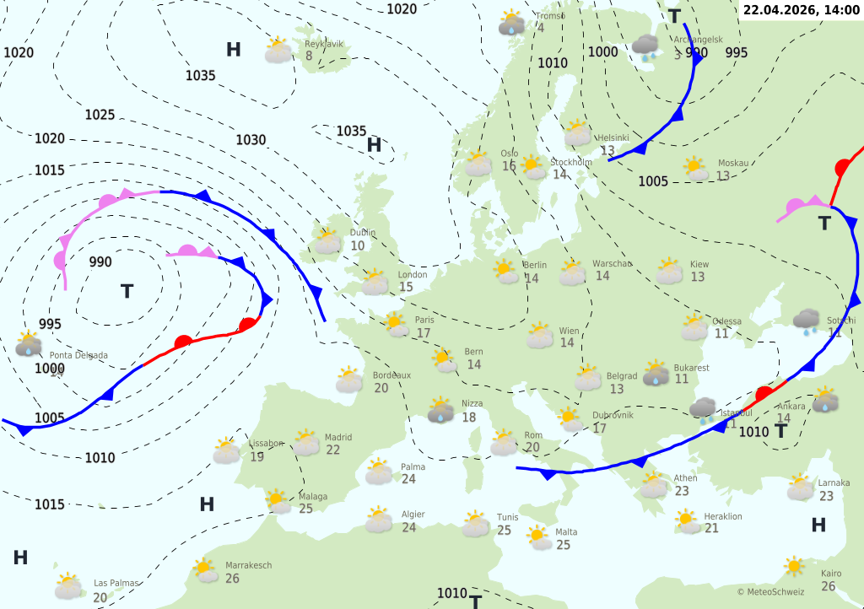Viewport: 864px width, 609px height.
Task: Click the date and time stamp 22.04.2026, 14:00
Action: pyautogui.click(x=800, y=10)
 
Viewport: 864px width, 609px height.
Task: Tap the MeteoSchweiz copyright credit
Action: pyautogui.click(x=769, y=592)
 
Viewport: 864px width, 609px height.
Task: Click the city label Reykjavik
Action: pyautogui.click(x=324, y=43)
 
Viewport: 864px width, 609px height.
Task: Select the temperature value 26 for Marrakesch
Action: pyautogui.click(x=232, y=579)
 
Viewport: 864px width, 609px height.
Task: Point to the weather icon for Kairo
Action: pyautogui.click(x=793, y=566)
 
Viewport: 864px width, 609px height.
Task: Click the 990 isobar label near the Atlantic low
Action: pyautogui.click(x=100, y=261)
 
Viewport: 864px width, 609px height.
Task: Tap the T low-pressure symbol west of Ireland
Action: pyautogui.click(x=127, y=292)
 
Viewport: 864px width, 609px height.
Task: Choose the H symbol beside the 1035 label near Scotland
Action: pyautogui.click(x=375, y=146)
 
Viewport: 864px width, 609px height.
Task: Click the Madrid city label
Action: pyautogui.click(x=338, y=437)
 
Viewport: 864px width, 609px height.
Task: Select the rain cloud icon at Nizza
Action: pyautogui.click(x=440, y=411)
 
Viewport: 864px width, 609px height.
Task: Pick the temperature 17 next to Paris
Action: pyautogui.click(x=423, y=333)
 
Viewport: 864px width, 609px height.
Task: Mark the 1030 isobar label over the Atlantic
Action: pyautogui.click(x=251, y=140)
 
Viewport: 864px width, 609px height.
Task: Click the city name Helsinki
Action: pyautogui.click(x=613, y=137)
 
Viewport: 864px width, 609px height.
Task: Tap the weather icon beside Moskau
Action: pyautogui.click(x=695, y=170)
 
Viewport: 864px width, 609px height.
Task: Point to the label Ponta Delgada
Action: pyautogui.click(x=78, y=355)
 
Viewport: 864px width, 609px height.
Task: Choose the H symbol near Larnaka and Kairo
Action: pyautogui.click(x=818, y=525)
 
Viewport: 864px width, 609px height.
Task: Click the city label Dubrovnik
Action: pyautogui.click(x=612, y=415)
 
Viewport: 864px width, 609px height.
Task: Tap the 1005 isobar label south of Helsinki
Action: pyautogui.click(x=653, y=181)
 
